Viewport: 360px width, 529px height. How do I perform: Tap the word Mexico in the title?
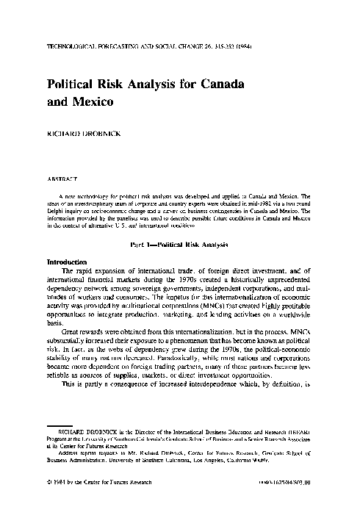(93, 103)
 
